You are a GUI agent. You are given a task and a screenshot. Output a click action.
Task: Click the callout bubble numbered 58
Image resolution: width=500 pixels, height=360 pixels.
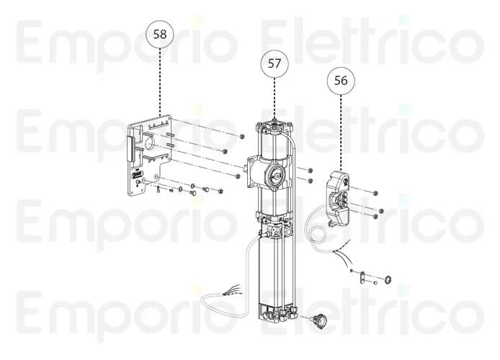tap(159, 34)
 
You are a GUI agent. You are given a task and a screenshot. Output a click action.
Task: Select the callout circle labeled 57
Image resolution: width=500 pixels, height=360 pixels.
tap(274, 63)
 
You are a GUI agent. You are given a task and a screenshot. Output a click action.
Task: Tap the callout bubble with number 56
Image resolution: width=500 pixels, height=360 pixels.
tap(341, 81)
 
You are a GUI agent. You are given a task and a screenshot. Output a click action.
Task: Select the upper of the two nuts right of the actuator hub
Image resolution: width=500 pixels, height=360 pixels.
tap(308, 171)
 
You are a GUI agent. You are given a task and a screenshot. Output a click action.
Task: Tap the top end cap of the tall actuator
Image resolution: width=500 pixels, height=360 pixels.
tap(274, 126)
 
